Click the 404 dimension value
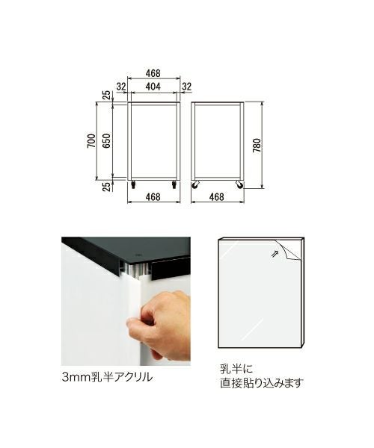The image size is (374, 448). [153, 87]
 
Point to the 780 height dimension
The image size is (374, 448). [257, 145]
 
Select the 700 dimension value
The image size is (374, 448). [91, 141]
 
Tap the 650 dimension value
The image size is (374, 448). [106, 141]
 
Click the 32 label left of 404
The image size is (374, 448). [121, 87]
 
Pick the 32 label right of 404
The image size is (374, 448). [186, 87]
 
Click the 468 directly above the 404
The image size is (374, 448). [153, 73]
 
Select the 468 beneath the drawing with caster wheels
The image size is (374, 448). [217, 197]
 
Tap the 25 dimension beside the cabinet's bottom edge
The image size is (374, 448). [106, 187]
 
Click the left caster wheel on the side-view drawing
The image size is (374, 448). [195, 185]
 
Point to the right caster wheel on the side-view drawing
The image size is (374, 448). [239, 185]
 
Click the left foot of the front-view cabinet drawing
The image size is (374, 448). [133, 184]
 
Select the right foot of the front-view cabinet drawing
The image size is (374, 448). [174, 184]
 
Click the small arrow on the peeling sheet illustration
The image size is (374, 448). [275, 253]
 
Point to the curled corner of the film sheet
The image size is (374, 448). [288, 249]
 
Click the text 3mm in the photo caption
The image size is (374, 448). [76, 377]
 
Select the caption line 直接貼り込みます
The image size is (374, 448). [261, 383]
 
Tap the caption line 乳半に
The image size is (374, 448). [236, 369]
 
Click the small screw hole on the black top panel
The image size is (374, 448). [138, 253]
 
